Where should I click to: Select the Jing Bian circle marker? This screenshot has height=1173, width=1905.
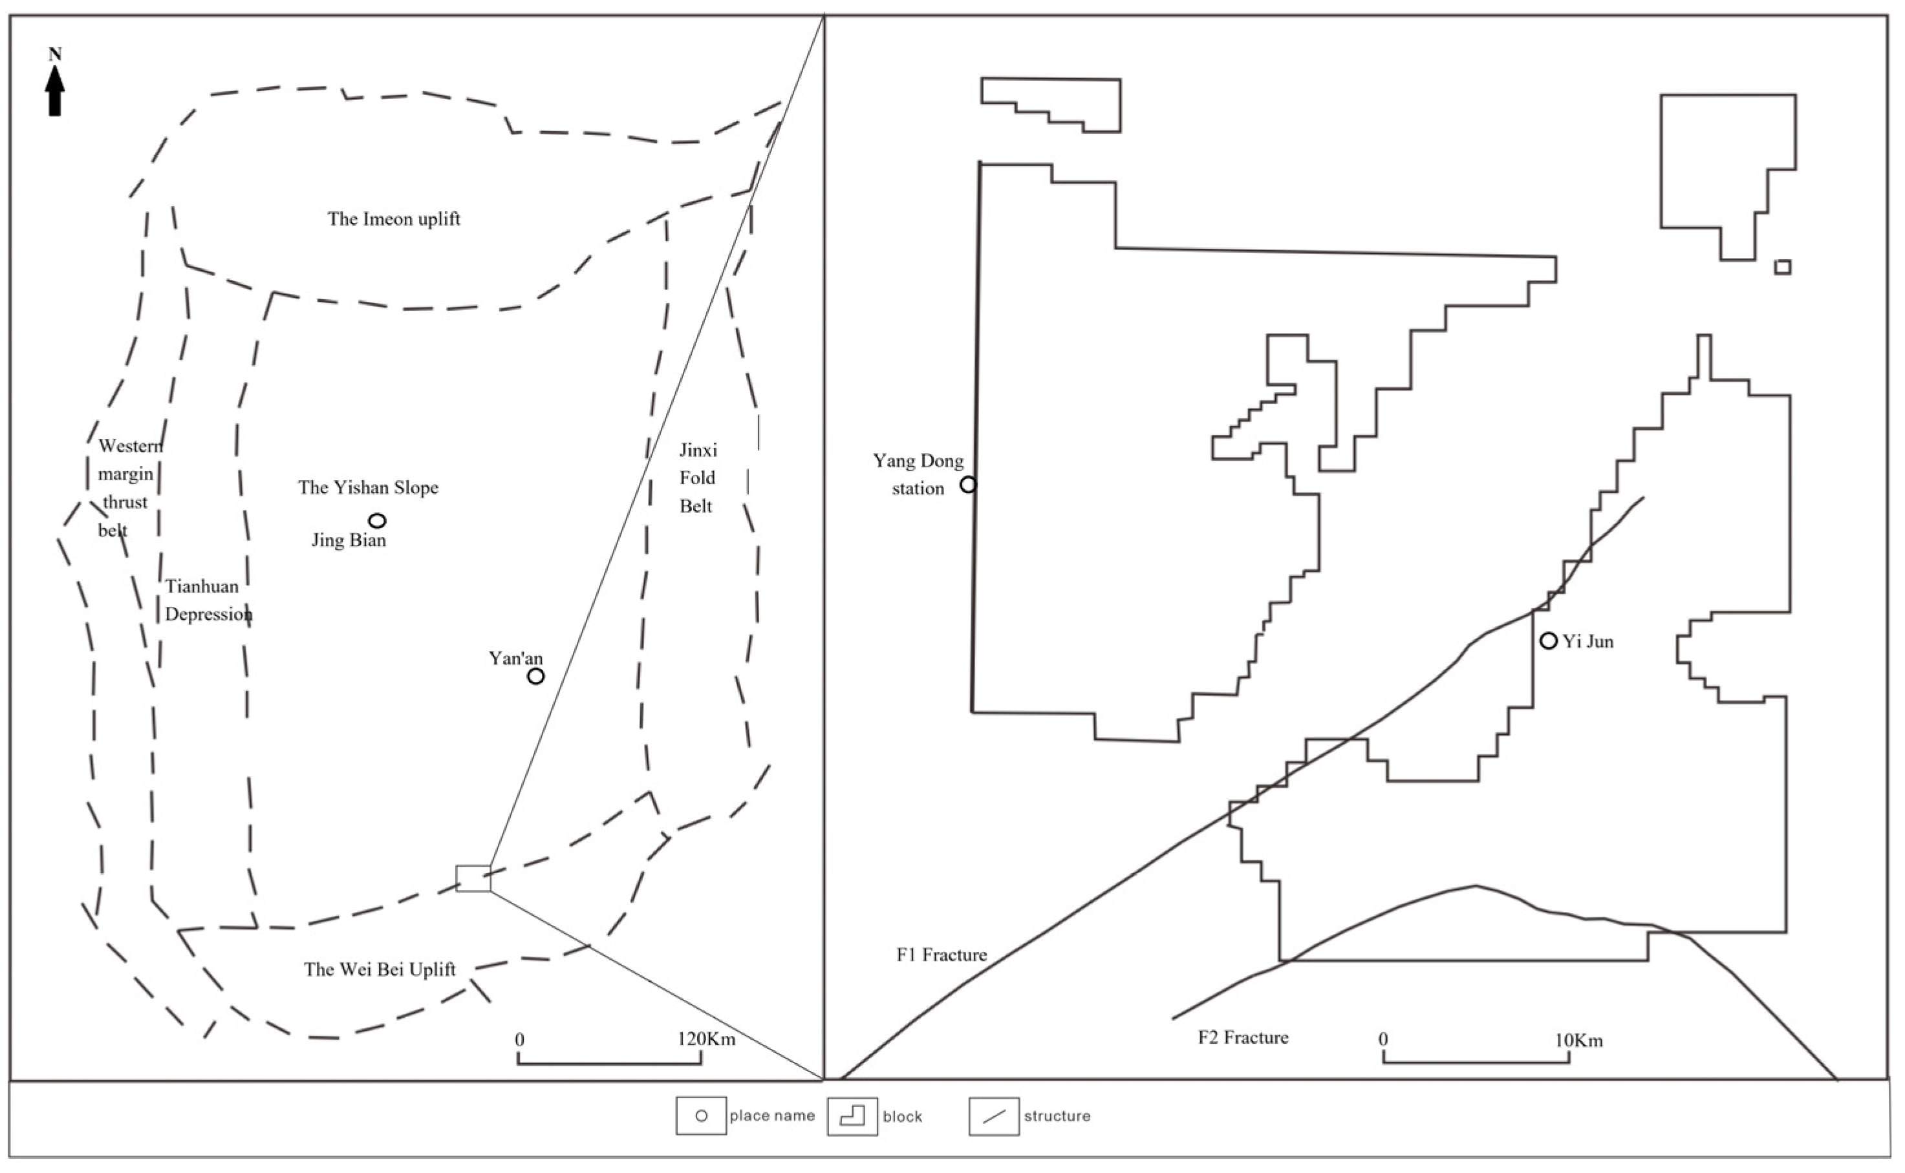(377, 520)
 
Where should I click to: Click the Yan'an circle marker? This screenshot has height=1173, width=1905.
(535, 676)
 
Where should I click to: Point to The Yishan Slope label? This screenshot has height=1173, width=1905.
(369, 488)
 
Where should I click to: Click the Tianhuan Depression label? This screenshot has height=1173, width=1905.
(208, 600)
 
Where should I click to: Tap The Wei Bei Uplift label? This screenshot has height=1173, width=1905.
(380, 969)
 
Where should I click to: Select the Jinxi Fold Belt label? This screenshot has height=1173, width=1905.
(697, 478)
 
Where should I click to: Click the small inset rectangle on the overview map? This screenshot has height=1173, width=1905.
(473, 878)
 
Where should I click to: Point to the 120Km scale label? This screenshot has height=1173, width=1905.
(706, 1039)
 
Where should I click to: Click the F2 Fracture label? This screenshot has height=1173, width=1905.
(1243, 1038)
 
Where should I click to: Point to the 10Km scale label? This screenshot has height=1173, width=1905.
(1578, 1041)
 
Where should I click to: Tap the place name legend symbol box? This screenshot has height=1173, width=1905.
(701, 1115)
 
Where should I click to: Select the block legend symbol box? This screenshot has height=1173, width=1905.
(852, 1116)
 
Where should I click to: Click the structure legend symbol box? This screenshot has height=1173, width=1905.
(994, 1116)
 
